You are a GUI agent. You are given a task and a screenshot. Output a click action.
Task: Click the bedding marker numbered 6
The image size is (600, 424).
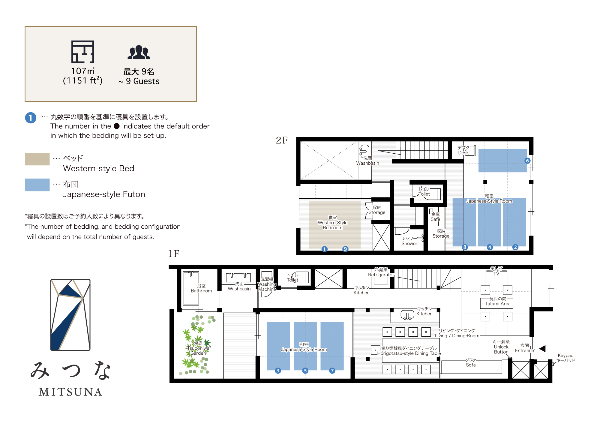pos(527,161)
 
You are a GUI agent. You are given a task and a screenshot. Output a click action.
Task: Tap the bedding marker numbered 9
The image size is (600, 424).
pos(345,249)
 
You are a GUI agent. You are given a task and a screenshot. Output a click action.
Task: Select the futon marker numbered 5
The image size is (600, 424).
pos(305,371)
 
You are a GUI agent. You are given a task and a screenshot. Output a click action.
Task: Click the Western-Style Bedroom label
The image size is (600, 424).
pos(332,223)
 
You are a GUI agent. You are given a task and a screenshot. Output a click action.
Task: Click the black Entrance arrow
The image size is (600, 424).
pos(542,349)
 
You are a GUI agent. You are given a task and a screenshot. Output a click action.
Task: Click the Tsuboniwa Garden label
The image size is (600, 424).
pos(198,348)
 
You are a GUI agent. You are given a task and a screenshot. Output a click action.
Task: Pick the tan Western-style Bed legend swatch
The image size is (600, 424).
pos(37,159)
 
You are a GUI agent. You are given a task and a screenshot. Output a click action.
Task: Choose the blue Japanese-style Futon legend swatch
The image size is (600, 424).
pos(37,185)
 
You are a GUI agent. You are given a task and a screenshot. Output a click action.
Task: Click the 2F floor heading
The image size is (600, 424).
pos(282,140)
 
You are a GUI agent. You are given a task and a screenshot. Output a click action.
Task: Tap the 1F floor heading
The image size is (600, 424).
pos(173,254)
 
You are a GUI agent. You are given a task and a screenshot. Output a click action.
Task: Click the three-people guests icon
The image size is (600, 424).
pos(139,53)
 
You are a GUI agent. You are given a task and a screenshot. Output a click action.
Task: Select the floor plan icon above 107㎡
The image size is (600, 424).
pos(83,52)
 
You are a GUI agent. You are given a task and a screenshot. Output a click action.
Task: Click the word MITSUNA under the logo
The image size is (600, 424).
pos(70,392)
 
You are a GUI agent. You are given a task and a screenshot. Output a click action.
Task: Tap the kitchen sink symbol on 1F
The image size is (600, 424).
pos(407,315)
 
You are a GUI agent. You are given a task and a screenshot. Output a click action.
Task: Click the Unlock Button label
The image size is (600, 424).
pos(501,347)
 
